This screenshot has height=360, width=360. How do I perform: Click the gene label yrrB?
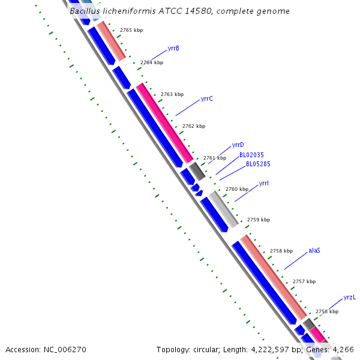pos(173,48)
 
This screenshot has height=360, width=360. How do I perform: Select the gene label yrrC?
pos(207,98)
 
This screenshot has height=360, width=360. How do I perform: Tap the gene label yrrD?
pos(238,145)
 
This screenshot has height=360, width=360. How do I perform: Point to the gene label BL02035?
pos(251,155)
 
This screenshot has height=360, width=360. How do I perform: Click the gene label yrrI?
pos(264,183)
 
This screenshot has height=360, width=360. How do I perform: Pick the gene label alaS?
pos(314,250)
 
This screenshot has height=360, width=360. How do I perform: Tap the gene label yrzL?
pos(350,298)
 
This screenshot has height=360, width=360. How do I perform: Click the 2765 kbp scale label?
pos(131,30)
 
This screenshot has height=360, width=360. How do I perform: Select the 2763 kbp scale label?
pos(172,94)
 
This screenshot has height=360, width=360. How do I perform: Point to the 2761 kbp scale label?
pos(215,158)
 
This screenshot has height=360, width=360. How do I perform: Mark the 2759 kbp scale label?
pos(259,220)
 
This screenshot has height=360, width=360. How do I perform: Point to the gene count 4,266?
pos(343,350)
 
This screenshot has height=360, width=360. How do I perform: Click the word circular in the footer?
pos(209,350)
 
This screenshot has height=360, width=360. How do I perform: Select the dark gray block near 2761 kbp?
pos(197,172)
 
